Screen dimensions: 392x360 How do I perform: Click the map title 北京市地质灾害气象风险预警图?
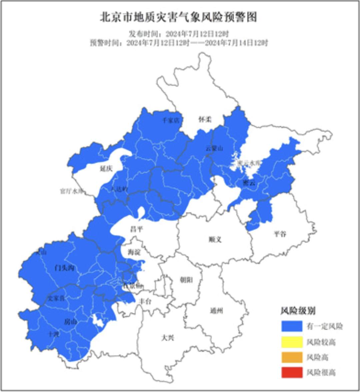(179, 17)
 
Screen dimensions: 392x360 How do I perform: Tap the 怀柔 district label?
(205, 119)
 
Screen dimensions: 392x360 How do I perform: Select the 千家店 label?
(171, 120)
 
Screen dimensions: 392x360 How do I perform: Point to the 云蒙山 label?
(214, 148)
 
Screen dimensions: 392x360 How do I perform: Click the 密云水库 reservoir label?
(249, 163)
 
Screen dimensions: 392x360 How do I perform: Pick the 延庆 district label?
(106, 169)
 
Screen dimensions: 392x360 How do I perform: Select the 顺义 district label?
(215, 239)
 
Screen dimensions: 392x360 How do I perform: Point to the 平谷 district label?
(280, 234)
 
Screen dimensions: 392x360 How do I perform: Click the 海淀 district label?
(134, 252)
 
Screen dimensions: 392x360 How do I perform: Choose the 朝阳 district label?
(186, 280)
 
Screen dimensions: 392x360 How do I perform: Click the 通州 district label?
(216, 311)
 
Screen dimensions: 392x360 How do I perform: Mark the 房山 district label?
(70, 322)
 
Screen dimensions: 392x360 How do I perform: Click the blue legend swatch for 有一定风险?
(292, 326)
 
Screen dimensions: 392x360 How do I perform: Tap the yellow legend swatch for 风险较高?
(292, 342)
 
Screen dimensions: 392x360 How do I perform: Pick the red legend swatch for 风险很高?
(292, 372)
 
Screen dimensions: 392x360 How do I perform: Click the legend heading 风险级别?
(298, 311)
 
